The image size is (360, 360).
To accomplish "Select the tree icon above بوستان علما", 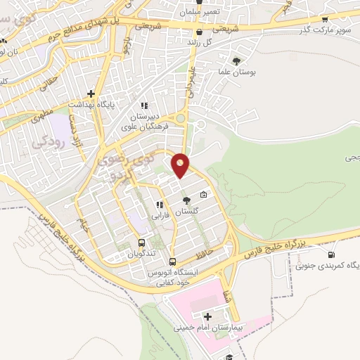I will coord(236,60).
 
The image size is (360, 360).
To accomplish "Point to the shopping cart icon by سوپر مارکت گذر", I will coord(325,20).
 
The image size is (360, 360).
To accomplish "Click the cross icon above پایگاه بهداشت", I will coord(91,93).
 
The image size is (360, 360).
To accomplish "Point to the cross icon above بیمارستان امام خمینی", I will coord(207,318).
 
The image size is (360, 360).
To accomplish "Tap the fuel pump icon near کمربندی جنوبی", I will coord(331,254).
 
